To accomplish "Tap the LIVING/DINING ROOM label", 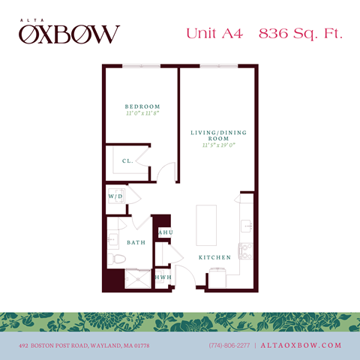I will click(218, 136).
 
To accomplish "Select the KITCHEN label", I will click(214, 257).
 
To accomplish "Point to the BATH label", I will click(136, 243).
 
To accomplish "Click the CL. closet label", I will click(128, 160).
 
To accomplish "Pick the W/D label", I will click(115, 196).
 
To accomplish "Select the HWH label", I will click(163, 277).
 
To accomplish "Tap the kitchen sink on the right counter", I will click(245, 224).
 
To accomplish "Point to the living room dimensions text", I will click(218, 146).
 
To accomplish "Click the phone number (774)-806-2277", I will click(230, 345).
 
